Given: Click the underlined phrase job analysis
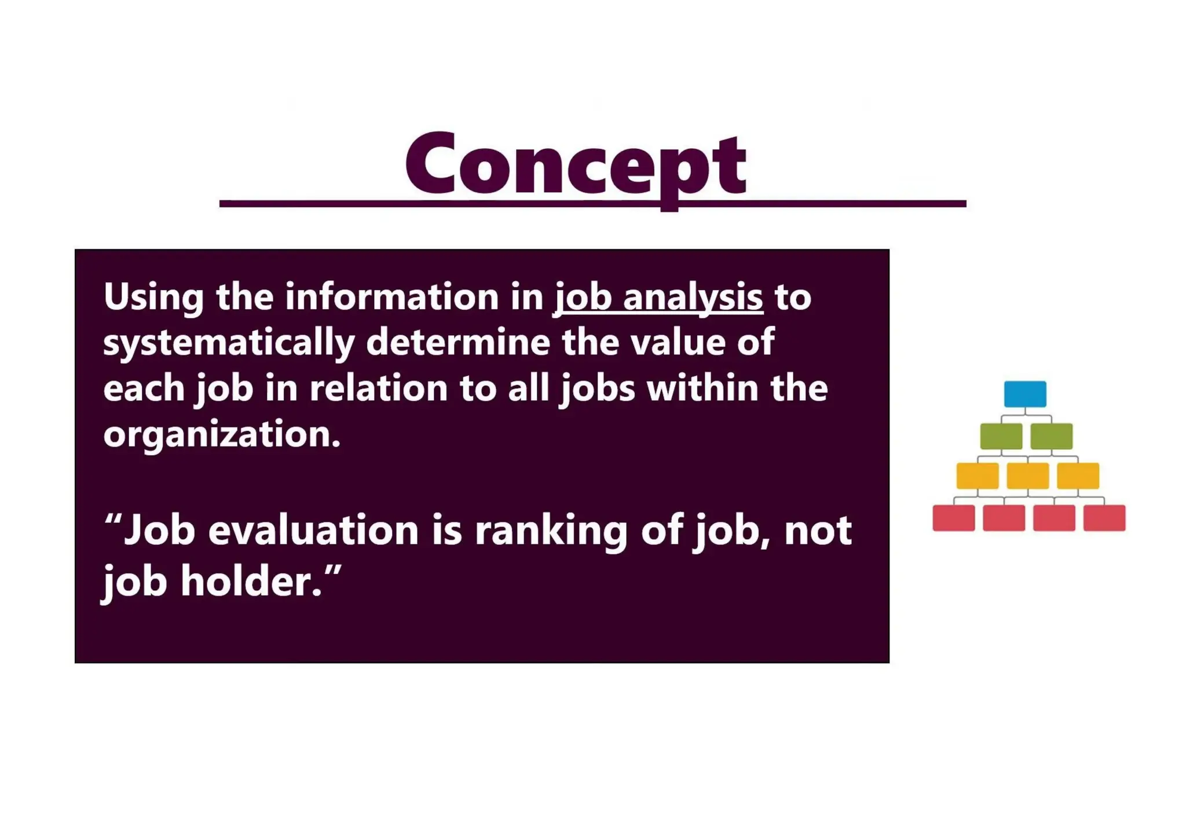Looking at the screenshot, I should [x=659, y=297].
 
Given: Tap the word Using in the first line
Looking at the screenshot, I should [x=153, y=297].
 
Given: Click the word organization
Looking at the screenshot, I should [x=222, y=434].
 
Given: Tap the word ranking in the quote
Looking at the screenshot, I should [x=551, y=531].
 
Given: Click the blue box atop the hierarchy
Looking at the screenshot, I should [x=1025, y=394].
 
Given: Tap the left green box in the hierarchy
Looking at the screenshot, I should [x=1001, y=436].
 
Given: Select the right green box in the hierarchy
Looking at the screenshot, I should [x=1051, y=436].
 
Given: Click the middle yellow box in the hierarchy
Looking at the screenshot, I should [x=1027, y=476].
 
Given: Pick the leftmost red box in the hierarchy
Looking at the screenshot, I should [x=953, y=518].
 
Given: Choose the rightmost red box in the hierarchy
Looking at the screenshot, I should [x=1104, y=518].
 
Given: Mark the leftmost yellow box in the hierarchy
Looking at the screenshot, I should [x=977, y=476].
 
